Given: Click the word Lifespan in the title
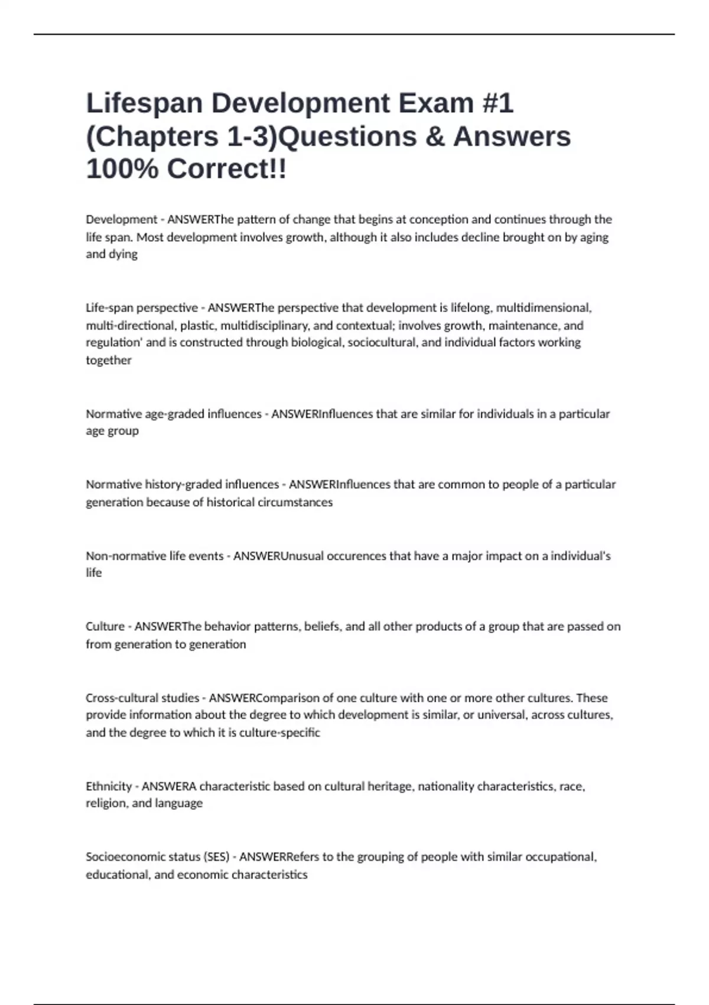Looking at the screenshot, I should coord(144,103).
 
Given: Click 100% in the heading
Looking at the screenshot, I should coord(122,169).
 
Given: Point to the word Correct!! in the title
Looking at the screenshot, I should coord(227,169).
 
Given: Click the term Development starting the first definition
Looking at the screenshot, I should coord(121,219).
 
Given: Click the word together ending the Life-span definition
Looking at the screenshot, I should coord(109,360).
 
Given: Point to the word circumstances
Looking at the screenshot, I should coord(298,502).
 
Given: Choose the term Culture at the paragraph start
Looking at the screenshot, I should coord(105,626).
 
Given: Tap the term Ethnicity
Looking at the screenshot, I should coord(109,786).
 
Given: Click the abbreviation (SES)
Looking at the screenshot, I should coord(216,857).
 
